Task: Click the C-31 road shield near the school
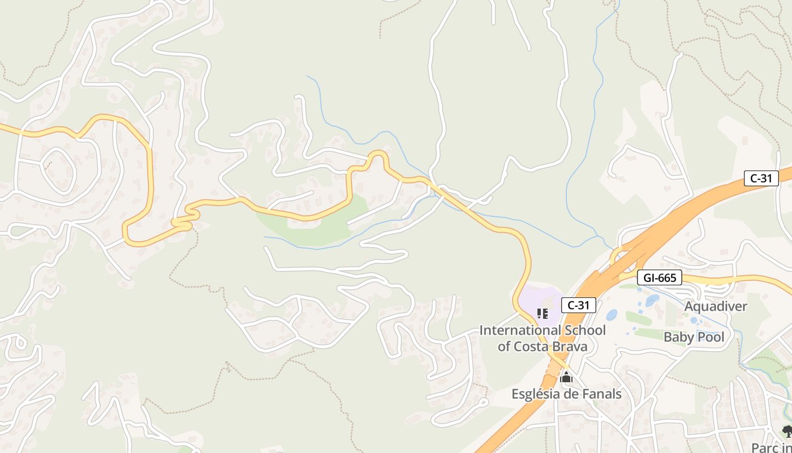[579, 305]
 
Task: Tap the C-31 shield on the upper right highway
[761, 178]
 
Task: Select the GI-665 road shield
[659, 277]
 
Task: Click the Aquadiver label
[716, 306]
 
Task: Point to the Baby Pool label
[694, 337]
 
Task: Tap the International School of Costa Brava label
[542, 338]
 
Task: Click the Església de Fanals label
[566, 394]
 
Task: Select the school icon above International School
[542, 313]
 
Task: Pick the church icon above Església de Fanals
[566, 378]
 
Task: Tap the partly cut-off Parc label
[771, 447]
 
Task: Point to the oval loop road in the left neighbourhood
[58, 168]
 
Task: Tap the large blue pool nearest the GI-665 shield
[652, 299]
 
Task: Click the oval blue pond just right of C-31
[612, 314]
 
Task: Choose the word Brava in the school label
[570, 346]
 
